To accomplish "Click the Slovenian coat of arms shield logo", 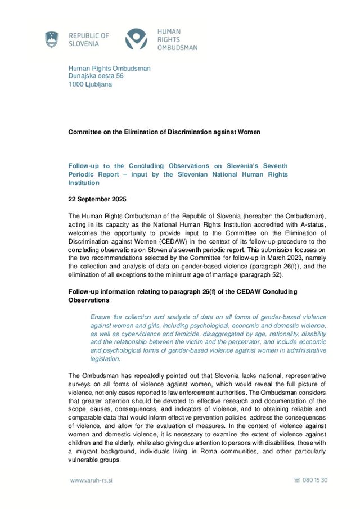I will (52, 39).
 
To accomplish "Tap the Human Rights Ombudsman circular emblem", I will (136, 39).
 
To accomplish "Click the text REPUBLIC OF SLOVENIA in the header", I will (88, 39).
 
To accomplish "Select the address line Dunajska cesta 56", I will (96, 76).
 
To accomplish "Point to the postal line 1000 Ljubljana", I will (90, 84).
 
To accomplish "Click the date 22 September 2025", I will (97, 199).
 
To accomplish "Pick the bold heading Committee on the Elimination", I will (164, 132).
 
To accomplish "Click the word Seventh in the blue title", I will (274, 166).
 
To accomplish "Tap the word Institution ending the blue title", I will (83, 183).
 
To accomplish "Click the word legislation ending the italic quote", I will (105, 358).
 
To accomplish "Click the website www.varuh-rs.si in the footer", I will (91, 480).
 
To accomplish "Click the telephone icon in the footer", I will (297, 480).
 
